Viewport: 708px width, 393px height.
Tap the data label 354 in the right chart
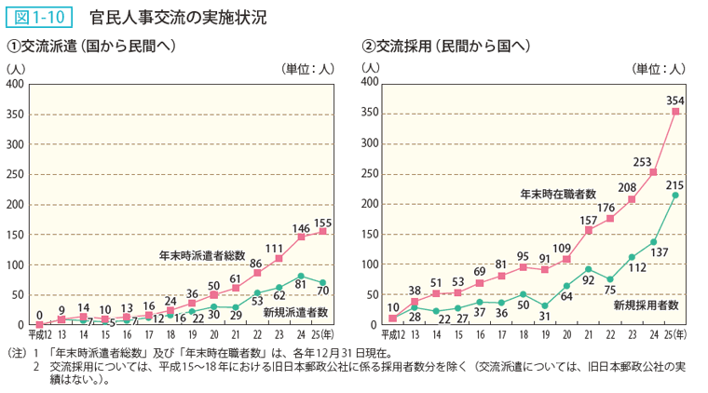[x=676, y=100]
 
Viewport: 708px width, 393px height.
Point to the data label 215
[x=675, y=185]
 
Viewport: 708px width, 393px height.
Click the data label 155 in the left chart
[x=322, y=223]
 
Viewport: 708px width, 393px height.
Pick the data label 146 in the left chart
[x=301, y=227]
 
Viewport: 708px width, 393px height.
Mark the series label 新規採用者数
[x=646, y=304]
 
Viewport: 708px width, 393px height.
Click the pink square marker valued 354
[x=676, y=112]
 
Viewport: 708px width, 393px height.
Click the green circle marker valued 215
[x=676, y=196]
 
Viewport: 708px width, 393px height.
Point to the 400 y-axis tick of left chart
[x=16, y=84]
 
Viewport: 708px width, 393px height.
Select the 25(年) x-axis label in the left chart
[x=324, y=333]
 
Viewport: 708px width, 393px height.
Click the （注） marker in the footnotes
[x=19, y=354]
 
